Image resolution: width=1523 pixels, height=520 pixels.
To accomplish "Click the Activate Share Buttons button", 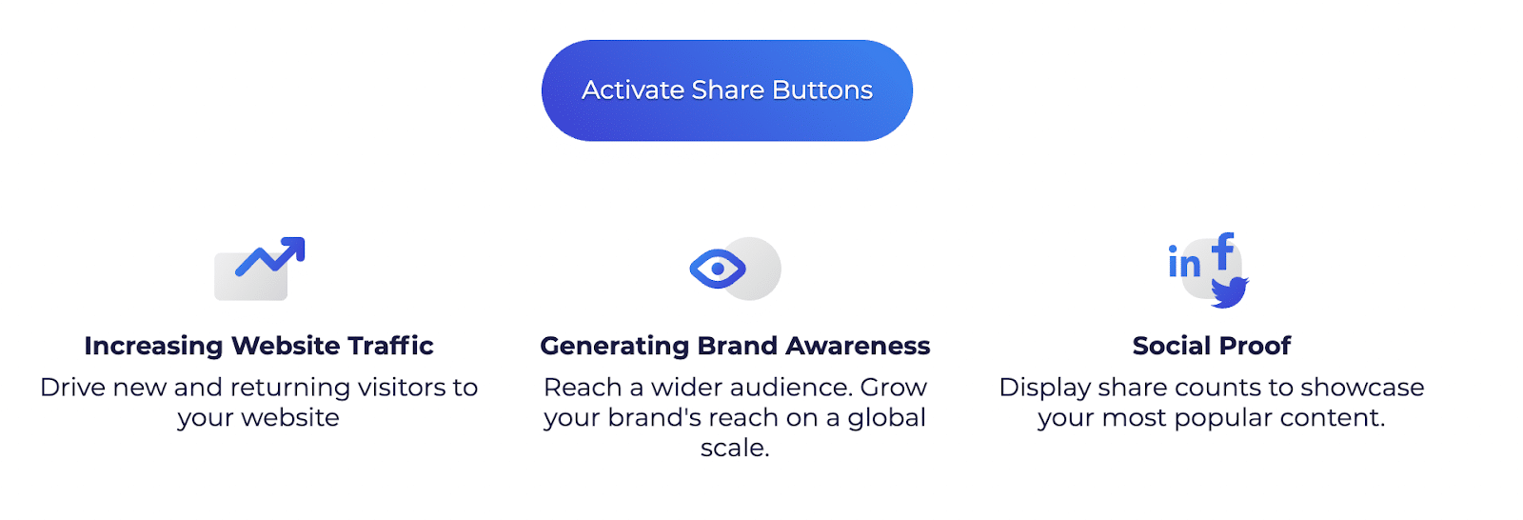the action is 727,90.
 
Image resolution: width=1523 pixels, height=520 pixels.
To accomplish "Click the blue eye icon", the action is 718,269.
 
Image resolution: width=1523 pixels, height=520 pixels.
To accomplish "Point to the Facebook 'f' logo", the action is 1223,251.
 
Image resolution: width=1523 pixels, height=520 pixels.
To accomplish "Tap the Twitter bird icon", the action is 1229,292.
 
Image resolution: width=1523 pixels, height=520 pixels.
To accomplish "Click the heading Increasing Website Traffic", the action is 259,346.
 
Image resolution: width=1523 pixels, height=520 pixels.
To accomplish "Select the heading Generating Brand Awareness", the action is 735,346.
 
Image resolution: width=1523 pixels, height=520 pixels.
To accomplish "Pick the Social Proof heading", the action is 1212,346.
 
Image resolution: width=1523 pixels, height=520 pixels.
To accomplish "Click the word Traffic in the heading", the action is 390,345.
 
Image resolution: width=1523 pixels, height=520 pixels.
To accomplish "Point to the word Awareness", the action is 858,346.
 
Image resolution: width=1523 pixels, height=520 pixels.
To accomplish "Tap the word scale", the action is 735,448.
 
